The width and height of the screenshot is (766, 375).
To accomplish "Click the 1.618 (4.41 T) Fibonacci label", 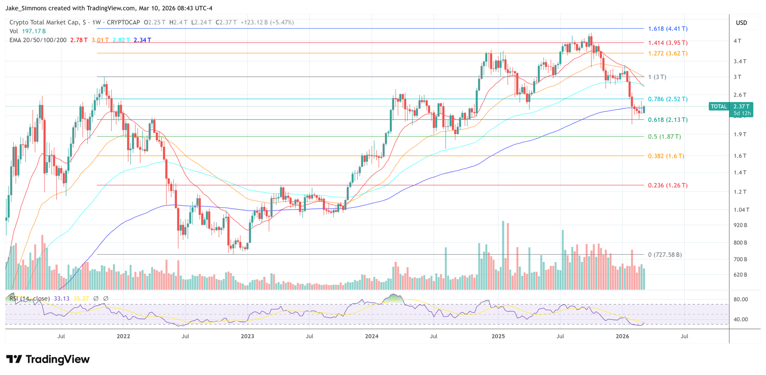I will click(668, 29).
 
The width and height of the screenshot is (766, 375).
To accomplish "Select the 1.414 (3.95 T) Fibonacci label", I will click(668, 43).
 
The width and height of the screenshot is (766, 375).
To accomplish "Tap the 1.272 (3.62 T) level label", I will click(668, 53).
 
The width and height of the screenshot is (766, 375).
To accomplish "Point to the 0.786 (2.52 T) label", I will click(668, 99).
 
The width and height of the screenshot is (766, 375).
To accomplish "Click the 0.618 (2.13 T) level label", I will click(668, 120).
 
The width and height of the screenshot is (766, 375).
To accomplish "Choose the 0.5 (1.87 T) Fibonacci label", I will click(664, 137).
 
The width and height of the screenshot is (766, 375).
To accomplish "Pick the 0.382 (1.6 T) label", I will click(666, 156).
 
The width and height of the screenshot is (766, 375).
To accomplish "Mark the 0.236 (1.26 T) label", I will click(668, 185).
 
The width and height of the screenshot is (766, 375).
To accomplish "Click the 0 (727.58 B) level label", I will click(665, 255).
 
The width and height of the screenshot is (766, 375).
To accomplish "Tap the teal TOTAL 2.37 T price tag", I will click(730, 109).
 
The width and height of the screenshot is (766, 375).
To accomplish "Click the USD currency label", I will click(741, 23).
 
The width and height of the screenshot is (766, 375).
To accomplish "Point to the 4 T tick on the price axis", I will click(737, 41).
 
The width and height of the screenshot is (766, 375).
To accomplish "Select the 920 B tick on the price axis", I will click(740, 225).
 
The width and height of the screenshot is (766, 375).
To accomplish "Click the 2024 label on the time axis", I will click(371, 336).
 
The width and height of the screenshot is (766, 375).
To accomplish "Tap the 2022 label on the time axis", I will click(123, 336).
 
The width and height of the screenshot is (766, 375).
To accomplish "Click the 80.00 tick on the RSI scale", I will click(741, 300).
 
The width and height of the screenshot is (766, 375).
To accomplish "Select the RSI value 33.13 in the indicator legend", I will click(62, 298).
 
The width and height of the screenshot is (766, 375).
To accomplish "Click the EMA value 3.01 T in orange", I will click(100, 40).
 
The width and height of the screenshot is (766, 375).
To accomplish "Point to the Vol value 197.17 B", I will click(34, 31).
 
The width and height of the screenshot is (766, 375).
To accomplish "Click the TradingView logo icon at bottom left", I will click(14, 359).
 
